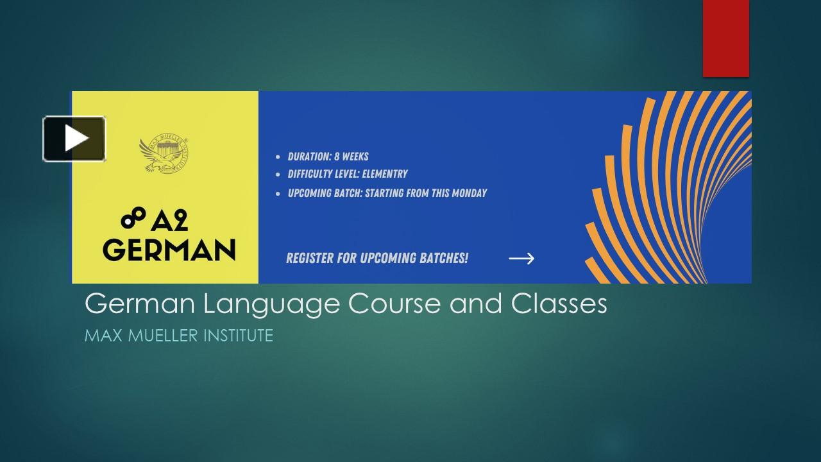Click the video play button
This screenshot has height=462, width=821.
[x=74, y=139]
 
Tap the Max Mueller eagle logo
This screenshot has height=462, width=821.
[x=164, y=153]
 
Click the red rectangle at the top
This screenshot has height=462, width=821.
[x=725, y=38]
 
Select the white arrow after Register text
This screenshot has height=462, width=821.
[x=521, y=259]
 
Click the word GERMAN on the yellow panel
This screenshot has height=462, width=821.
[x=169, y=250]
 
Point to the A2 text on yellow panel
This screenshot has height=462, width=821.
[x=169, y=221]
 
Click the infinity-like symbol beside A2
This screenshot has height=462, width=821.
[x=133, y=218]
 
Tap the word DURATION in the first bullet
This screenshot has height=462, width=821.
[x=310, y=157]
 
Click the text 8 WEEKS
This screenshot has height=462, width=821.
[x=351, y=157]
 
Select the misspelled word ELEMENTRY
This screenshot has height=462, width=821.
[x=385, y=174]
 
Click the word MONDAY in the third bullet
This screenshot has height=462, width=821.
[x=469, y=193]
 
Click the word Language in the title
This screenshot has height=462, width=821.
[x=271, y=304]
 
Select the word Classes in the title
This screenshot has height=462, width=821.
[x=559, y=304]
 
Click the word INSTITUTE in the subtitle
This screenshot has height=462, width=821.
[x=238, y=336]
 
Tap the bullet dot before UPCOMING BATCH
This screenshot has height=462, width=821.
[x=278, y=194]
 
